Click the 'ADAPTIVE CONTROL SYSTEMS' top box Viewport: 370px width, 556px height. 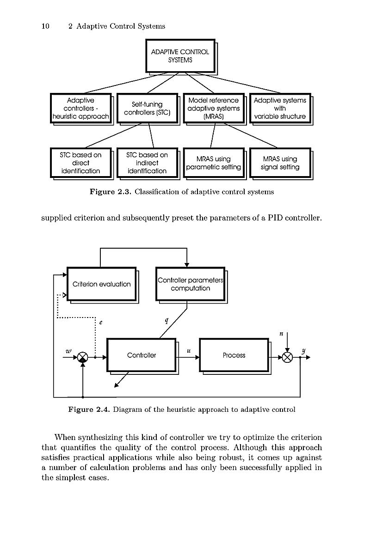point(180,56)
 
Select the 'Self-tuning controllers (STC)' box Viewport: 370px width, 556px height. point(147,109)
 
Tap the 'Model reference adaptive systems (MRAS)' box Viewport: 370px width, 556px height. point(214,109)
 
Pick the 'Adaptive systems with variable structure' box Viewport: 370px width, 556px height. point(280,109)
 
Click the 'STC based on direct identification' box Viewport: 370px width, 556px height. point(80,163)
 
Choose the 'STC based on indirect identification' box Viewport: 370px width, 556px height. point(147,163)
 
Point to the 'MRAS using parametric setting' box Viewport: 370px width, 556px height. point(214,163)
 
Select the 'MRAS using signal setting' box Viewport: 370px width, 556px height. point(280,163)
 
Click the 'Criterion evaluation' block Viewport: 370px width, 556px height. point(102,284)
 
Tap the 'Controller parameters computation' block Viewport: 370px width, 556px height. point(191,284)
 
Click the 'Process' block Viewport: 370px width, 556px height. point(234,355)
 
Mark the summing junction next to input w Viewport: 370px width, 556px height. point(83,357)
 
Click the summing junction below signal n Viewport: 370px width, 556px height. point(287,357)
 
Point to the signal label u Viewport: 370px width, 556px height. point(189,351)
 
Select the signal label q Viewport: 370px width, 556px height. point(166,321)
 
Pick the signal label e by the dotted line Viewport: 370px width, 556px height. point(100,323)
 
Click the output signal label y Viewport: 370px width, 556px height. point(303,351)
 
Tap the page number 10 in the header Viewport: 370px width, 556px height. point(45,26)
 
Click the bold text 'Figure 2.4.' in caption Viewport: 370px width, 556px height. point(89,409)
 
